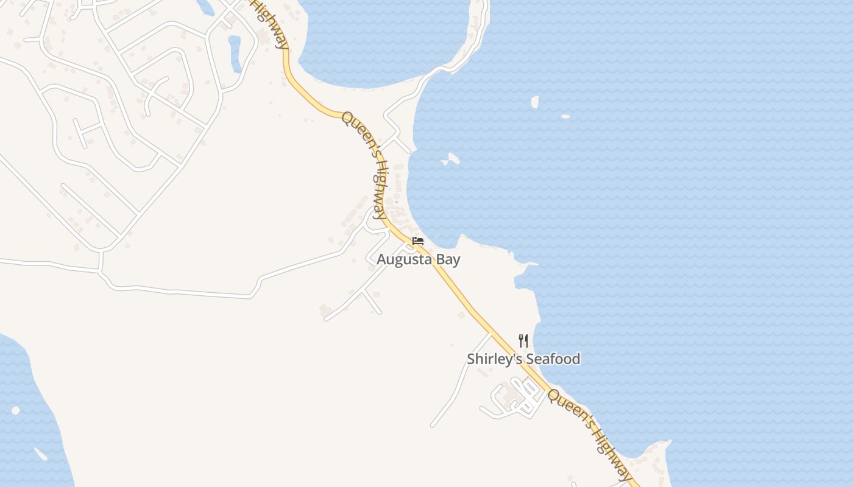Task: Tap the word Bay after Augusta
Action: (447, 260)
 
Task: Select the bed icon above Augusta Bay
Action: (418, 241)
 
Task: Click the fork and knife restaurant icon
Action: (523, 340)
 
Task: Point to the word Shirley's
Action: (494, 359)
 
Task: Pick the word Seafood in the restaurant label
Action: (553, 359)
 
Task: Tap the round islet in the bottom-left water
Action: (15, 410)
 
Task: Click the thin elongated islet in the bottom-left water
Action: (40, 454)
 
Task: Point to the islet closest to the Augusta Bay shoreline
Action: (451, 159)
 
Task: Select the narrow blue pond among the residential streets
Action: (235, 54)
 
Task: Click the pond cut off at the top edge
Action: (206, 6)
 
